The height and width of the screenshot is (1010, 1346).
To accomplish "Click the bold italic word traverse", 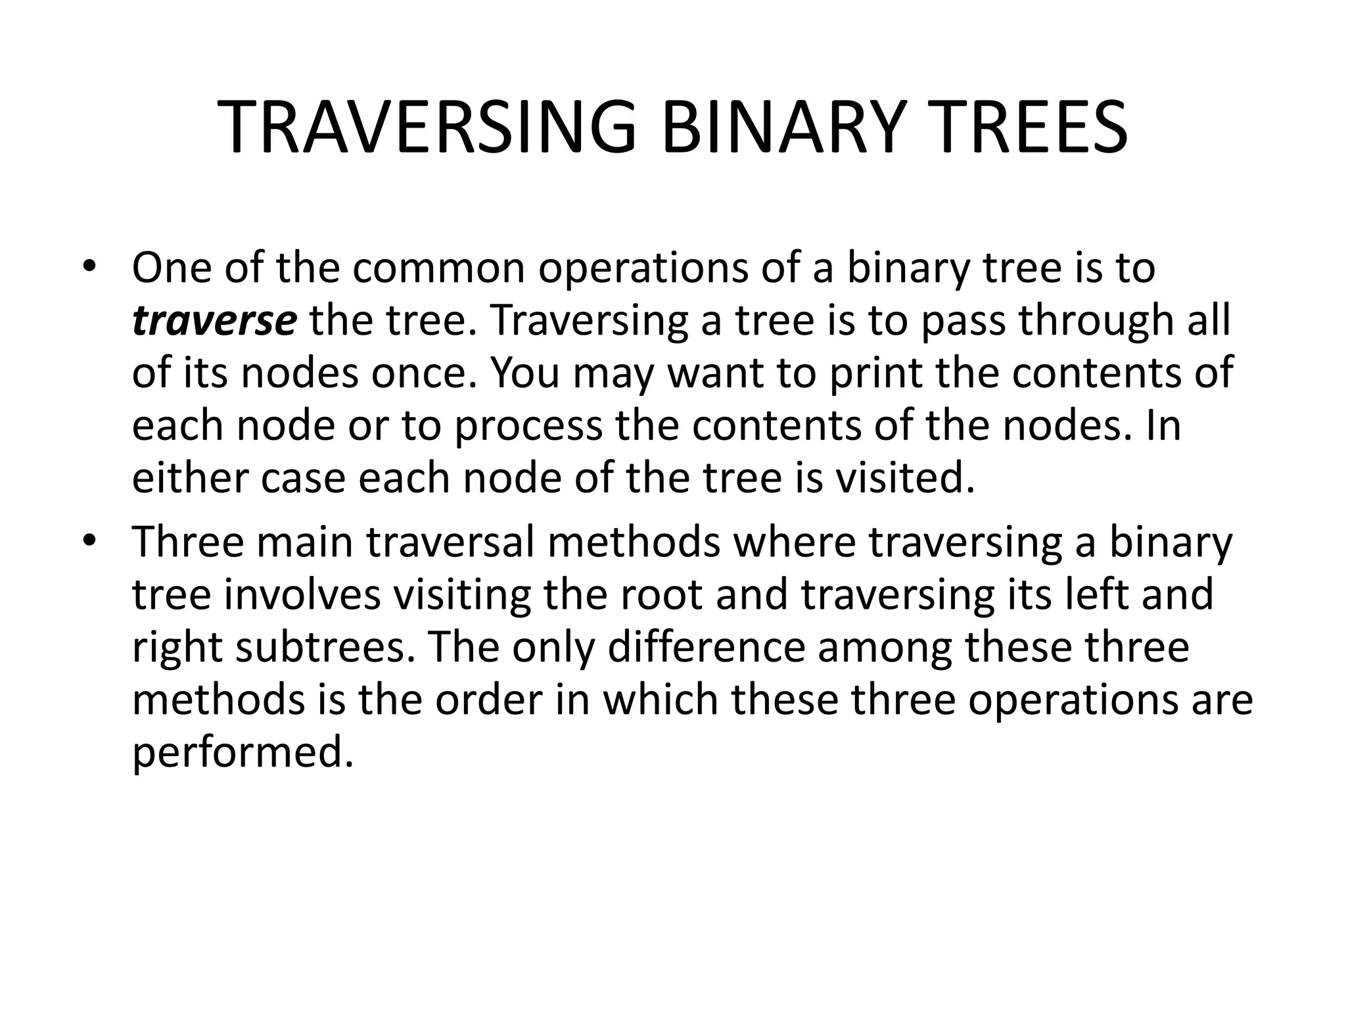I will (214, 321).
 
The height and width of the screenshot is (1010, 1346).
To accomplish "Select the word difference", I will (707, 648).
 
